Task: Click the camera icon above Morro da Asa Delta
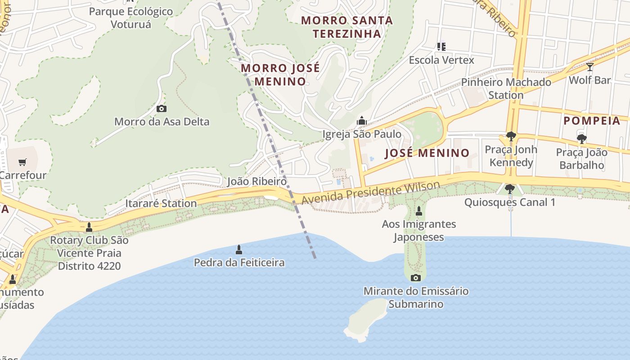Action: (x=161, y=108)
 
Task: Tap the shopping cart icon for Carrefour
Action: (x=22, y=162)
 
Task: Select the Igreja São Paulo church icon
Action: (x=361, y=121)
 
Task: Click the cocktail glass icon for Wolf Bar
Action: (x=589, y=67)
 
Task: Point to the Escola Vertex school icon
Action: (x=441, y=46)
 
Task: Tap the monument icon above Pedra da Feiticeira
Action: (x=239, y=249)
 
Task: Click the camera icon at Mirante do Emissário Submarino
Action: (x=416, y=278)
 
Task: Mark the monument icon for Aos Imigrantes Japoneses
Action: (x=418, y=211)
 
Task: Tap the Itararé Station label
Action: (x=161, y=203)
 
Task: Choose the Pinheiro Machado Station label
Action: (x=506, y=89)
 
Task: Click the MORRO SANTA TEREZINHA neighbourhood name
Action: (x=347, y=27)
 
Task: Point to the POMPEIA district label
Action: (x=592, y=121)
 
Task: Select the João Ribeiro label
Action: (x=256, y=181)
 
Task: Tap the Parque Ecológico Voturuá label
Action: (x=130, y=18)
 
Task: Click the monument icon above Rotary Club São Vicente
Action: (x=89, y=227)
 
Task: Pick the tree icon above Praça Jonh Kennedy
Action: (x=510, y=136)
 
